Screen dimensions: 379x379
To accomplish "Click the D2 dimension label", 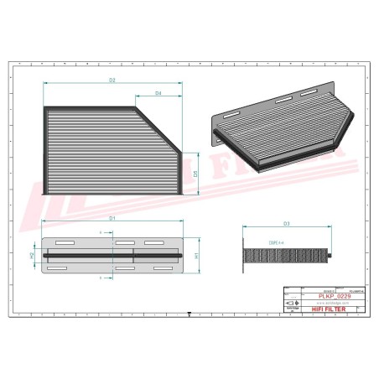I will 112,80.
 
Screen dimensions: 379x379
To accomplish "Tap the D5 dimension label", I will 195,174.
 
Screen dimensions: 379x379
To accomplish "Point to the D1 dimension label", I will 112,218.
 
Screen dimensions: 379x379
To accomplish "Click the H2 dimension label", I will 33,255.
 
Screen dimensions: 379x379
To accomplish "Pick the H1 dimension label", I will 195,255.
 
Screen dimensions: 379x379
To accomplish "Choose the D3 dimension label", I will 287,224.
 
